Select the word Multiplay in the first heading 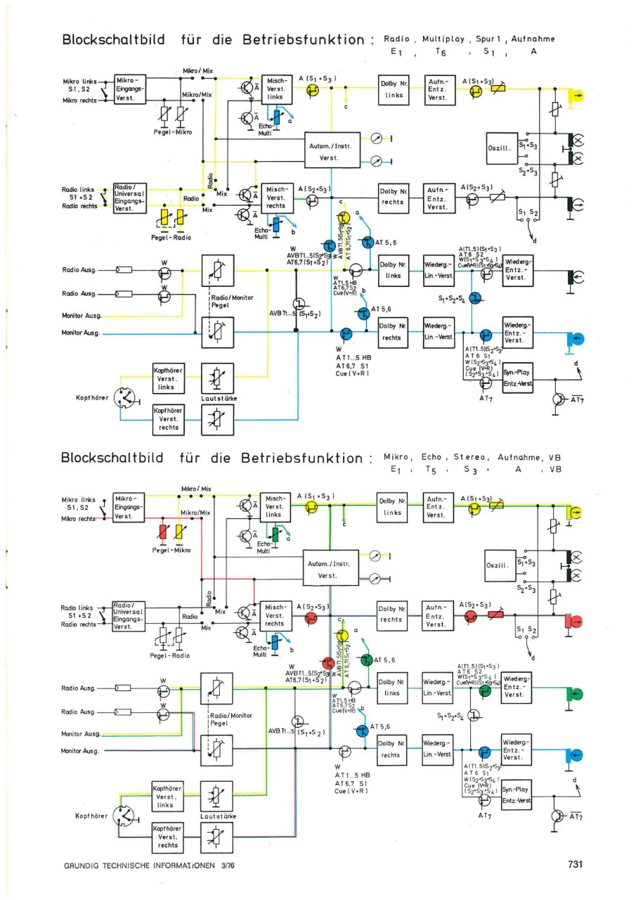446,39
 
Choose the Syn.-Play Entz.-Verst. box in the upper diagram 517,378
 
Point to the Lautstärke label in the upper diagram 219,399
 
